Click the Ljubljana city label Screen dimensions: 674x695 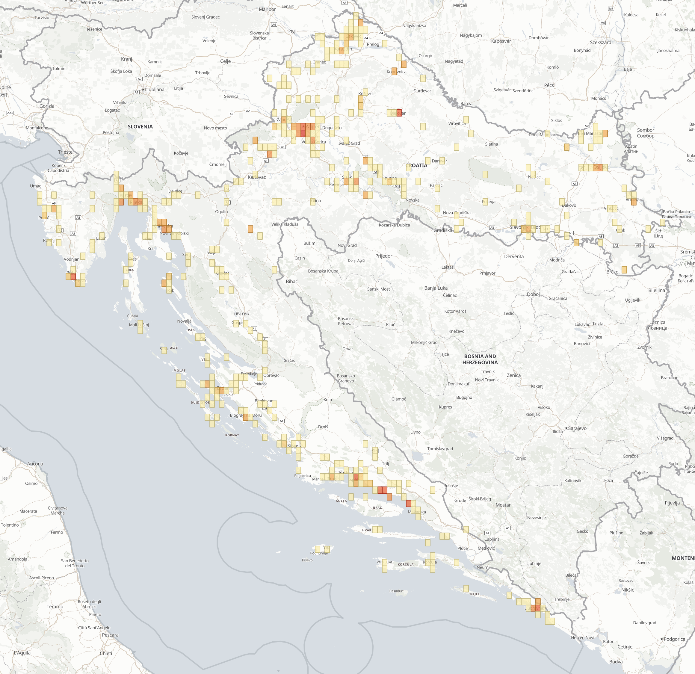[155, 89]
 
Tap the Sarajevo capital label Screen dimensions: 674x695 [577, 428]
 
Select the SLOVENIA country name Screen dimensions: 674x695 [140, 127]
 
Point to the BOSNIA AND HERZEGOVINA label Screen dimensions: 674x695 [480, 359]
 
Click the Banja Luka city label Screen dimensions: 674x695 [436, 288]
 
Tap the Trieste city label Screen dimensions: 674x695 [65, 152]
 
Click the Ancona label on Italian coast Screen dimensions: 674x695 [35, 464]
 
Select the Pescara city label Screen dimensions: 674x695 [110, 635]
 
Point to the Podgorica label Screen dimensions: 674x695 [674, 639]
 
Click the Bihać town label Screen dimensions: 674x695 [291, 281]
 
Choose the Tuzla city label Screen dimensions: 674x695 [597, 324]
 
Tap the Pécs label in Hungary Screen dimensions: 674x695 [549, 85]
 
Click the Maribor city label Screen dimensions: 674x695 [267, 9]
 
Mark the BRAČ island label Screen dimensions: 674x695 [377, 508]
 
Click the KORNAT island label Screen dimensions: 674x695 [232, 435]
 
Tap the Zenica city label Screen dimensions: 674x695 [513, 375]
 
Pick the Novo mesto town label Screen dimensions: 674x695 [215, 128]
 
